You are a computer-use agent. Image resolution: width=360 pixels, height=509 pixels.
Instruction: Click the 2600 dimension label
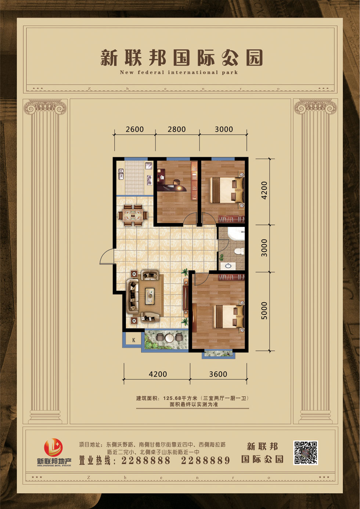click(134, 129)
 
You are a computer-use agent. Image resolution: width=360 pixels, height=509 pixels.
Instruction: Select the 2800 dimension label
click(177, 129)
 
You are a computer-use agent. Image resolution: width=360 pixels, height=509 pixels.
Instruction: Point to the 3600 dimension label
click(218, 374)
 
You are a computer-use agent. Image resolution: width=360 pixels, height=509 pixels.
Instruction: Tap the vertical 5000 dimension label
click(264, 311)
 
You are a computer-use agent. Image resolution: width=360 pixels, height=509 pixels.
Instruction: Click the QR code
click(306, 453)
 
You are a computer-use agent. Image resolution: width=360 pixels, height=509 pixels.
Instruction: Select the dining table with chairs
click(133, 216)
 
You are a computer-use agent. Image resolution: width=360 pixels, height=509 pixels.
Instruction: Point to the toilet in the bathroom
click(239, 251)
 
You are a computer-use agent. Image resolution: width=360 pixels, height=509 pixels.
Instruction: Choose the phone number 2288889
click(205, 461)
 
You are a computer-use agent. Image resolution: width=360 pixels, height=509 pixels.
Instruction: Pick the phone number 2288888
click(146, 461)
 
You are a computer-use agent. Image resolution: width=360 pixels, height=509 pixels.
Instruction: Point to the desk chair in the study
click(176, 182)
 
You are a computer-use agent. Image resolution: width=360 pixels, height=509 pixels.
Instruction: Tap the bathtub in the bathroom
click(236, 233)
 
